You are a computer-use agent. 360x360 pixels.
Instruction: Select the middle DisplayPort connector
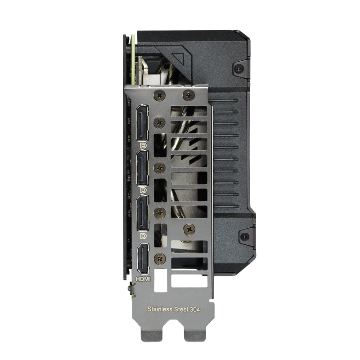[142, 167]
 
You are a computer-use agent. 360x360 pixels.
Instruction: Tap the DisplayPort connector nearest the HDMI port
[142, 212]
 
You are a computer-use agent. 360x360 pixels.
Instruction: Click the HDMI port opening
[142, 258]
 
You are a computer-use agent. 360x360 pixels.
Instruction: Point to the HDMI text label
[143, 279]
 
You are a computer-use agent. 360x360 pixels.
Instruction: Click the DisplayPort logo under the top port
[143, 146]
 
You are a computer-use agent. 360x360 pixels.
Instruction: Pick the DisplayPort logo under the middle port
[143, 191]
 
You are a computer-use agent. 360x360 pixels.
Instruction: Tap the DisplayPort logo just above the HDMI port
[143, 235]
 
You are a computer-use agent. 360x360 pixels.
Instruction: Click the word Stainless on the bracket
[160, 310]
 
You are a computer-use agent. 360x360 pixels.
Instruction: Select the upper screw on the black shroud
[240, 68]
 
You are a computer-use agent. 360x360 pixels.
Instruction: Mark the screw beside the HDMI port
[159, 258]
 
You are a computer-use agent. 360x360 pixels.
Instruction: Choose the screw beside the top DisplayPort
[159, 123]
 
